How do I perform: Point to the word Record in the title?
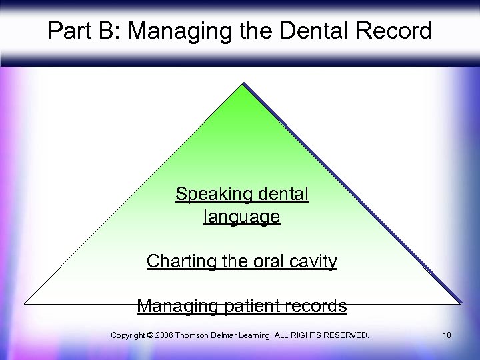(393, 31)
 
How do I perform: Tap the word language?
(241, 217)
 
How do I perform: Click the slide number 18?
(446, 335)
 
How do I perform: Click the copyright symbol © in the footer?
(149, 335)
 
